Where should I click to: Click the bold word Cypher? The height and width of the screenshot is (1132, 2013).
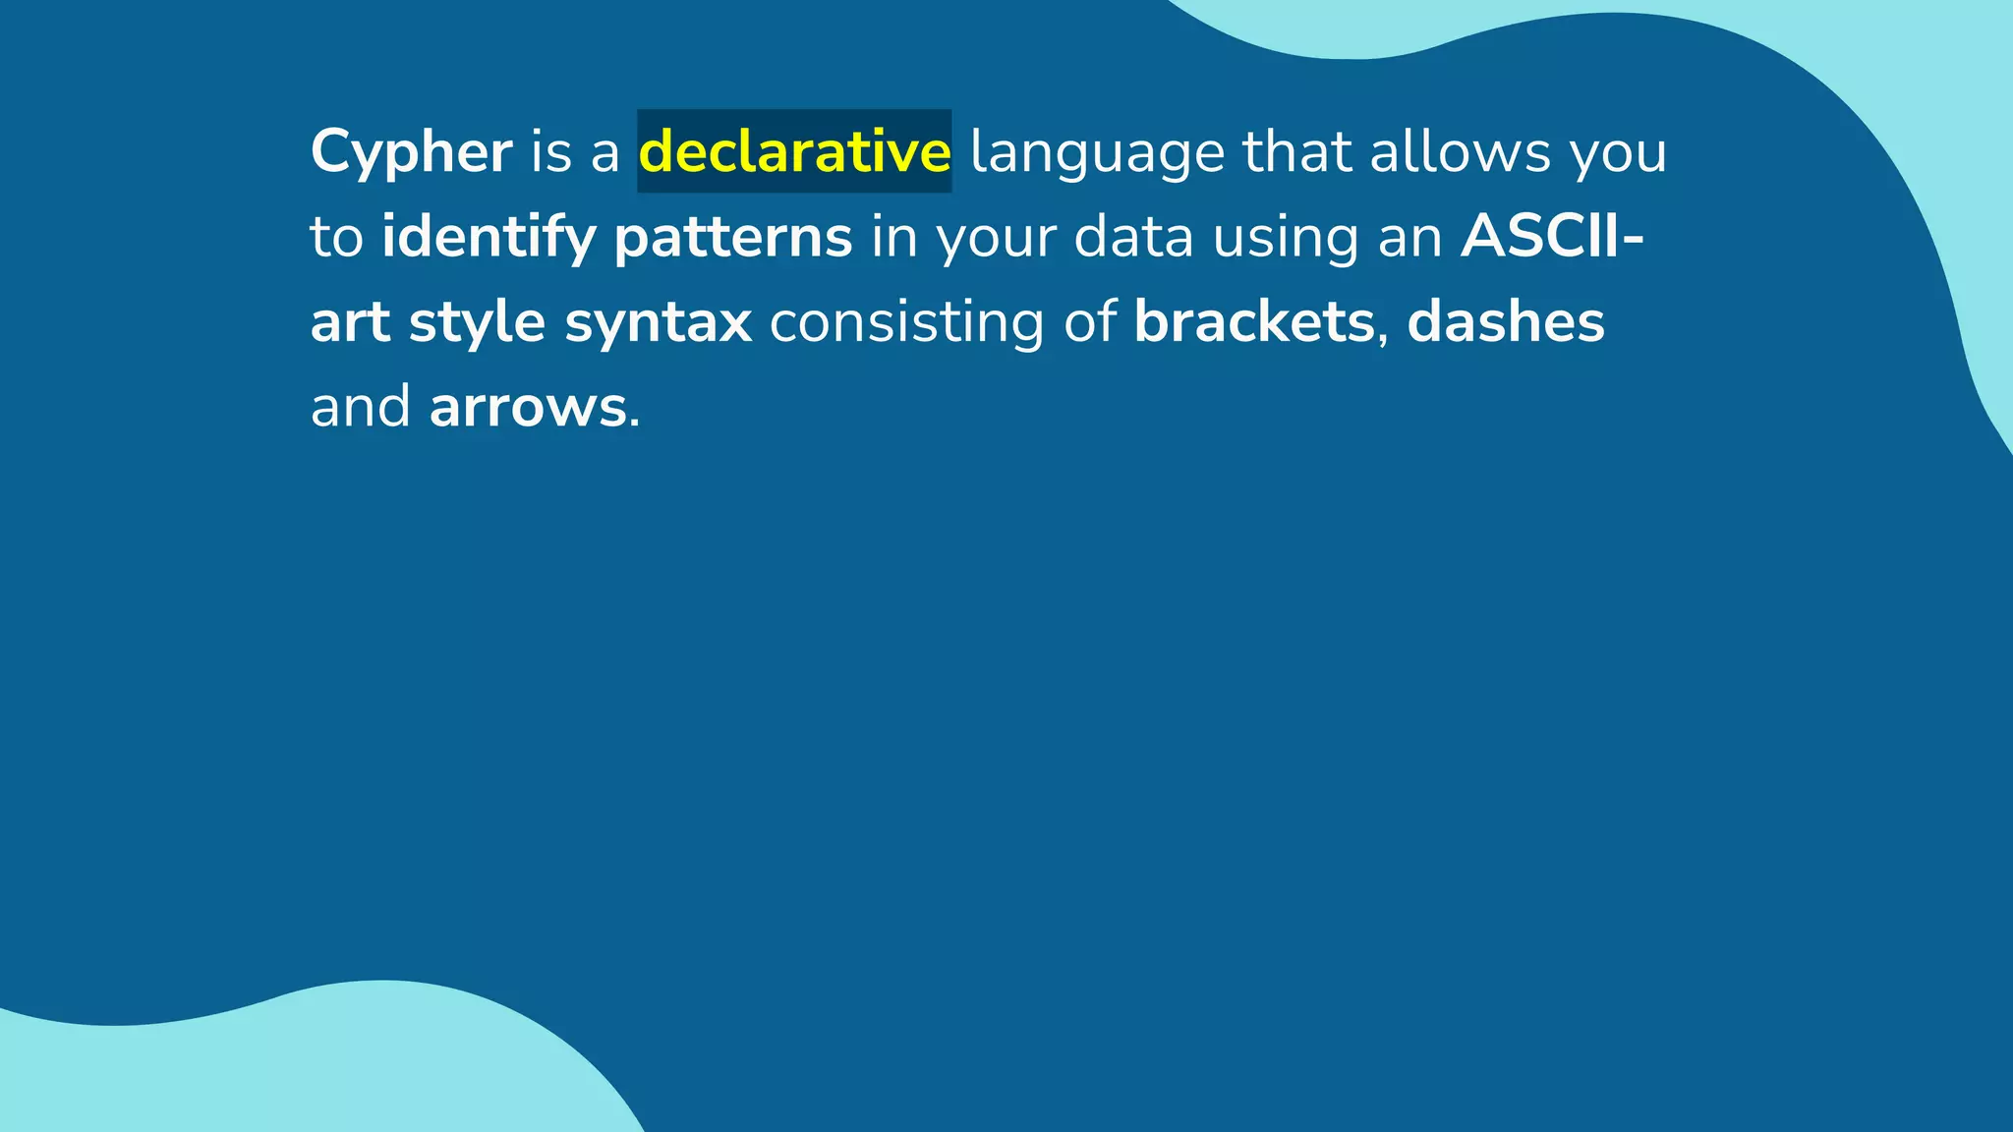[x=411, y=153]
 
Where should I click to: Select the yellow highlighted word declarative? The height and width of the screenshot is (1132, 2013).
[x=794, y=151]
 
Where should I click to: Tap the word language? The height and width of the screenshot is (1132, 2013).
[x=1097, y=153]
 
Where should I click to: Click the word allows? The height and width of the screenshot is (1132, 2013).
[x=1460, y=151]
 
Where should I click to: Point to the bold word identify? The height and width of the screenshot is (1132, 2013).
[x=489, y=238]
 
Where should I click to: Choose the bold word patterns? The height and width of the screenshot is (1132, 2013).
[x=733, y=238]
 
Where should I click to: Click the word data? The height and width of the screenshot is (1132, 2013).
[x=1133, y=238]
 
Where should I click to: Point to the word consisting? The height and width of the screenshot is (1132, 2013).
[x=906, y=322]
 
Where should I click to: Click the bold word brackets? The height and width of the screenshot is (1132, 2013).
[x=1253, y=322]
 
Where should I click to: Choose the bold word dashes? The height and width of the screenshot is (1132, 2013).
[x=1505, y=322]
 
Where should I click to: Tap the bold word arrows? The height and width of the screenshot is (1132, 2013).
[x=528, y=408]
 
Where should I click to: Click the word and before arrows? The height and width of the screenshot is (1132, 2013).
[x=360, y=408]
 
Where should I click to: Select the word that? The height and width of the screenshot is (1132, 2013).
[x=1296, y=151]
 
